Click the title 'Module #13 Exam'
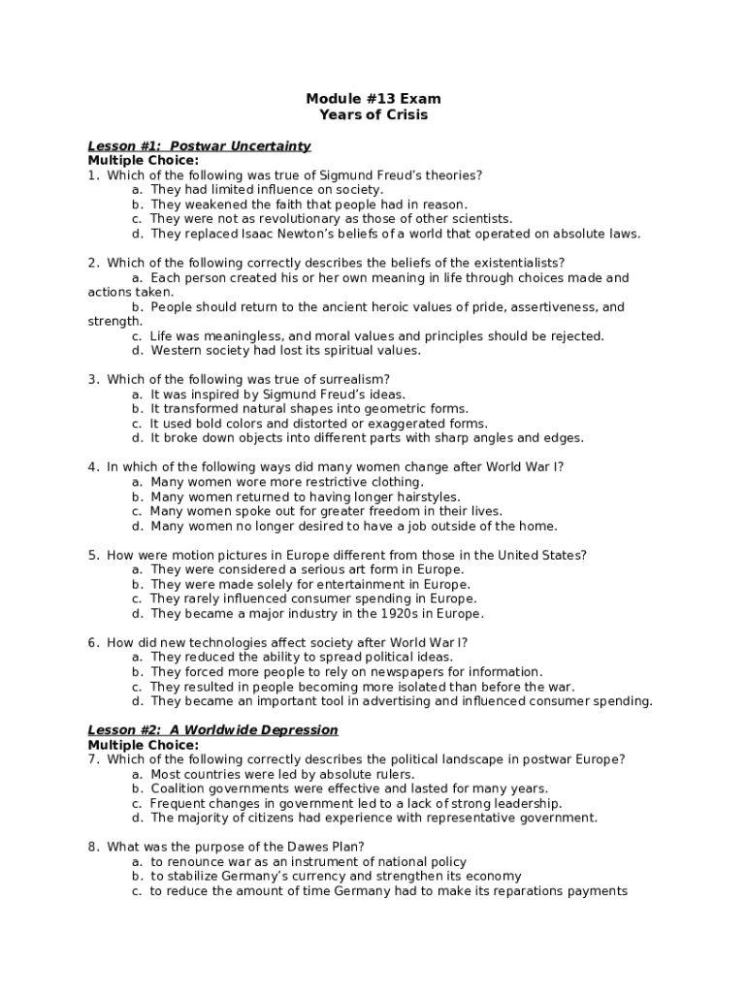[373, 99]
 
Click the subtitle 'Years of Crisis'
[373, 114]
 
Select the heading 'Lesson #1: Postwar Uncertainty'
[199, 146]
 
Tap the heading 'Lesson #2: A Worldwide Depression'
[212, 730]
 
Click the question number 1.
[92, 176]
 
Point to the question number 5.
[92, 556]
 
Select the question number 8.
[92, 848]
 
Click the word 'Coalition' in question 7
[179, 789]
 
